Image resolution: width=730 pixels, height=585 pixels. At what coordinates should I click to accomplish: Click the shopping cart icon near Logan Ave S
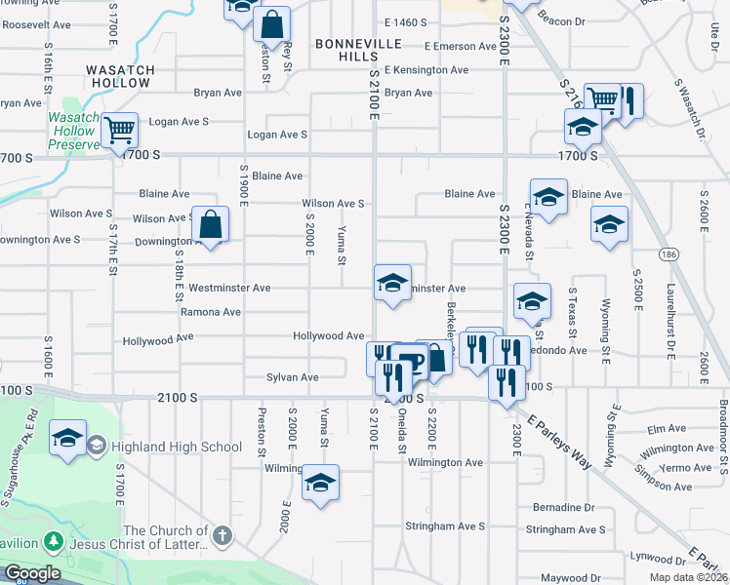[x=119, y=129]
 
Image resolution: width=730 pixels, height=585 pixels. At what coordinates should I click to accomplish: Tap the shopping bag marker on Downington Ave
[x=210, y=226]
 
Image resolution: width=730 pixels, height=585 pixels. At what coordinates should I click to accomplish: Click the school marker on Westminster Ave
[x=392, y=284]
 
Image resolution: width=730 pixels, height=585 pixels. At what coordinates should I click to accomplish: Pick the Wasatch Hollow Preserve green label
[x=74, y=131]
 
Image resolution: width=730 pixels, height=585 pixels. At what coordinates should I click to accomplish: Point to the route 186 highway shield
[x=667, y=253]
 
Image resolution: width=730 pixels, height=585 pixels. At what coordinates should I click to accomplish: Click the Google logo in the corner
[x=31, y=573]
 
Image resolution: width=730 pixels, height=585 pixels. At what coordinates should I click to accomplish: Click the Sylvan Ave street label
[x=293, y=376]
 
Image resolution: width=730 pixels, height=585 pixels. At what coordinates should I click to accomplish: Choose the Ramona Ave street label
[x=210, y=312]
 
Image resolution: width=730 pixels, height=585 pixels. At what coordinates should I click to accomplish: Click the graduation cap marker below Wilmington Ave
[x=320, y=483]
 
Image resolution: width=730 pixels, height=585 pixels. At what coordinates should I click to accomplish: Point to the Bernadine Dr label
[x=563, y=507]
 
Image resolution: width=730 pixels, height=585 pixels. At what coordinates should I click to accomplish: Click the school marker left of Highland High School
[x=67, y=439]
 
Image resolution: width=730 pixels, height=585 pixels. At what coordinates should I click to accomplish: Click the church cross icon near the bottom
[x=223, y=535]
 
